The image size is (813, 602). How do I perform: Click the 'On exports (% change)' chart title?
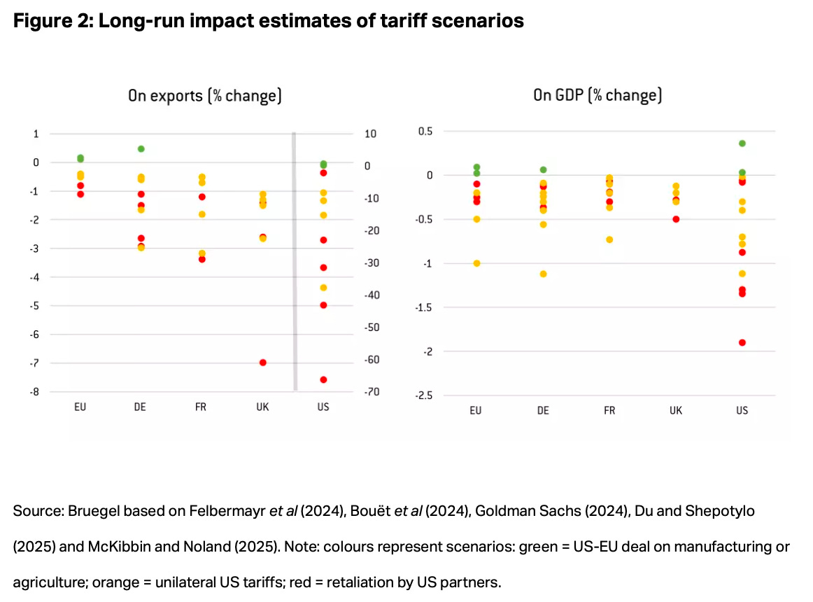[204, 96]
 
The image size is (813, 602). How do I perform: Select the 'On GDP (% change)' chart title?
[597, 96]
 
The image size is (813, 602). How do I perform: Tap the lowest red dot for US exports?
[323, 379]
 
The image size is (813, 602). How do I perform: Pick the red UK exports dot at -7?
[262, 363]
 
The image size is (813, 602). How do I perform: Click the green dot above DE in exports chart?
[141, 149]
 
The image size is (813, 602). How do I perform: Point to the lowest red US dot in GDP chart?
[742, 342]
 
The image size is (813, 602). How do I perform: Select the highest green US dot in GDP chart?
[742, 143]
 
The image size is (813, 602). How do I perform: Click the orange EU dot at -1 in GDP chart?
[476, 263]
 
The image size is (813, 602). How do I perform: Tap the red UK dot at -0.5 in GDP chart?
[676, 219]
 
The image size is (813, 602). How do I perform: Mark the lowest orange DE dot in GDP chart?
[543, 274]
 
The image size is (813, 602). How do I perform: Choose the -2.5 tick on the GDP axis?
[425, 395]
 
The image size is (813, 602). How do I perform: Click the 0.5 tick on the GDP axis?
[425, 132]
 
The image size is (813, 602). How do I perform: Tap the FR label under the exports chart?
[201, 407]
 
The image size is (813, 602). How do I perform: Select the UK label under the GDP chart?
[676, 410]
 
